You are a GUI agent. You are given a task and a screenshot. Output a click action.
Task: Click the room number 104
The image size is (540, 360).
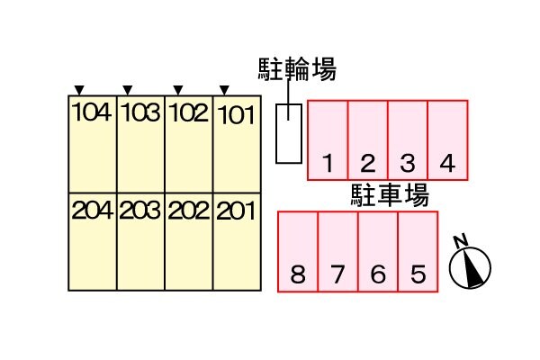click(x=92, y=112)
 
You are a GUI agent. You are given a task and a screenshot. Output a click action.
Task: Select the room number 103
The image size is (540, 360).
click(x=140, y=112)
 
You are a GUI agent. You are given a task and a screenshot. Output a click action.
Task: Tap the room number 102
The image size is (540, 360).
click(x=188, y=112)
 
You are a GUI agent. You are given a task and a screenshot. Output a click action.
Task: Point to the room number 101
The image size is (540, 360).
click(x=237, y=114)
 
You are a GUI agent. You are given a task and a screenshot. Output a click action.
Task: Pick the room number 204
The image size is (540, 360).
click(x=93, y=210)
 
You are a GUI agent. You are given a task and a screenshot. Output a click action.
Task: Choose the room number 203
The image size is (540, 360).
click(x=140, y=210)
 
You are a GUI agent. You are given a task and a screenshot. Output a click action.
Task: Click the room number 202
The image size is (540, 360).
click(x=189, y=210)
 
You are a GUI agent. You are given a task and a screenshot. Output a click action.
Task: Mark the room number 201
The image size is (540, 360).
click(x=236, y=211)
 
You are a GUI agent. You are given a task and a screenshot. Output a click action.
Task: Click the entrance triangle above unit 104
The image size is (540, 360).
click(x=79, y=90)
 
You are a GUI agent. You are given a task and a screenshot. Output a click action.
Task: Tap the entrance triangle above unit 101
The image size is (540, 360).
click(x=224, y=90)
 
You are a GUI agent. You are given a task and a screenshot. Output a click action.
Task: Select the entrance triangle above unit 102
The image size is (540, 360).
click(x=177, y=90)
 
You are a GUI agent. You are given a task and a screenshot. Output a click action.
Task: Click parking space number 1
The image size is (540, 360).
click(x=328, y=163)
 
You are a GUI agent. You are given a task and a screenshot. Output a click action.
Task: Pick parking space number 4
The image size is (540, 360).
click(x=447, y=163)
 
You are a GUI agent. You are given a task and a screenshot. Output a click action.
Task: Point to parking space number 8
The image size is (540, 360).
click(x=298, y=274)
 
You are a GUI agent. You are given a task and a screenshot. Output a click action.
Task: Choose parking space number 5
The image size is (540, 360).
click(x=418, y=274)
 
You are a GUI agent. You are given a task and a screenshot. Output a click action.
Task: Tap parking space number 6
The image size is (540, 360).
click(x=378, y=274)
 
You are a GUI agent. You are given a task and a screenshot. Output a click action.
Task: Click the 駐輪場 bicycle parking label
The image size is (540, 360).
click(x=297, y=69)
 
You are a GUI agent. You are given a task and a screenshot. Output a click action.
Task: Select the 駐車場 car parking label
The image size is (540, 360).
click(x=391, y=195)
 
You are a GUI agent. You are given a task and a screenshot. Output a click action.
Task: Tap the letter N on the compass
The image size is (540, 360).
click(x=461, y=241)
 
